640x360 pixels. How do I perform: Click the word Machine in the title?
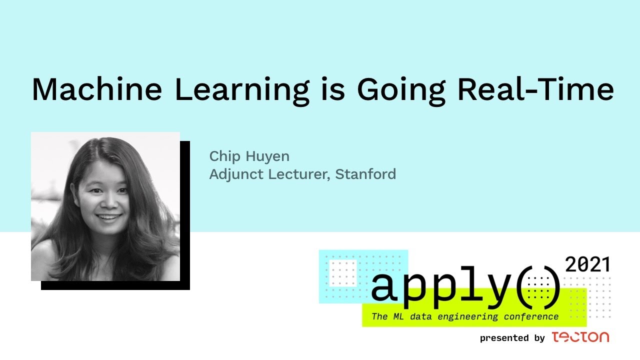point(97,89)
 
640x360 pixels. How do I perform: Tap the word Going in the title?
point(401,91)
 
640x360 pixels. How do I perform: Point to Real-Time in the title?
point(536,89)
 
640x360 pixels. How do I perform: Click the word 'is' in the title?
point(333,89)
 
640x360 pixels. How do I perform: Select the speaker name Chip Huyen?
point(249,156)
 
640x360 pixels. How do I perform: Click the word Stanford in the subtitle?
point(365,174)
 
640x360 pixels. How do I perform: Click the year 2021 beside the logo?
point(587,264)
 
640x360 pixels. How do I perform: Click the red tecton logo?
point(580,337)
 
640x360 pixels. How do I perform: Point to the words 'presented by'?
point(512,338)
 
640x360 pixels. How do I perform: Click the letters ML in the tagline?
point(398,316)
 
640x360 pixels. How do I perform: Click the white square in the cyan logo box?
point(343,273)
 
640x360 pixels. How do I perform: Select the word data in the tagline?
point(421,316)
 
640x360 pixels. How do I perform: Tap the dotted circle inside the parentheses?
point(538,288)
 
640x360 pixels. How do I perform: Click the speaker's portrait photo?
point(105,206)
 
